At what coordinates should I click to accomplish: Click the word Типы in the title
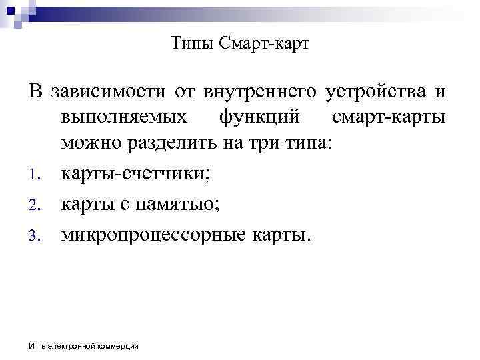[189, 45]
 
